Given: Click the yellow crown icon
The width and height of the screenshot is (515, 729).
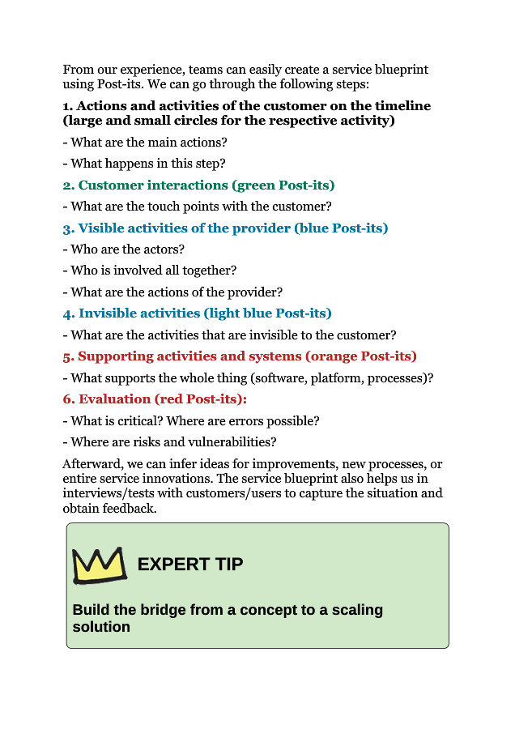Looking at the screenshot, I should (x=100, y=565).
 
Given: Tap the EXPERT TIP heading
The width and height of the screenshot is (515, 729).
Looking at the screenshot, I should (x=190, y=565).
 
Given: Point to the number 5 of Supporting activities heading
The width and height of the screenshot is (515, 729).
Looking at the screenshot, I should (x=67, y=356).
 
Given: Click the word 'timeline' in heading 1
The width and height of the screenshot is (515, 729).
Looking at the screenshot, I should (x=398, y=106).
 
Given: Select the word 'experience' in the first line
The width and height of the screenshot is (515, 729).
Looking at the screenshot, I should (x=149, y=70).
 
